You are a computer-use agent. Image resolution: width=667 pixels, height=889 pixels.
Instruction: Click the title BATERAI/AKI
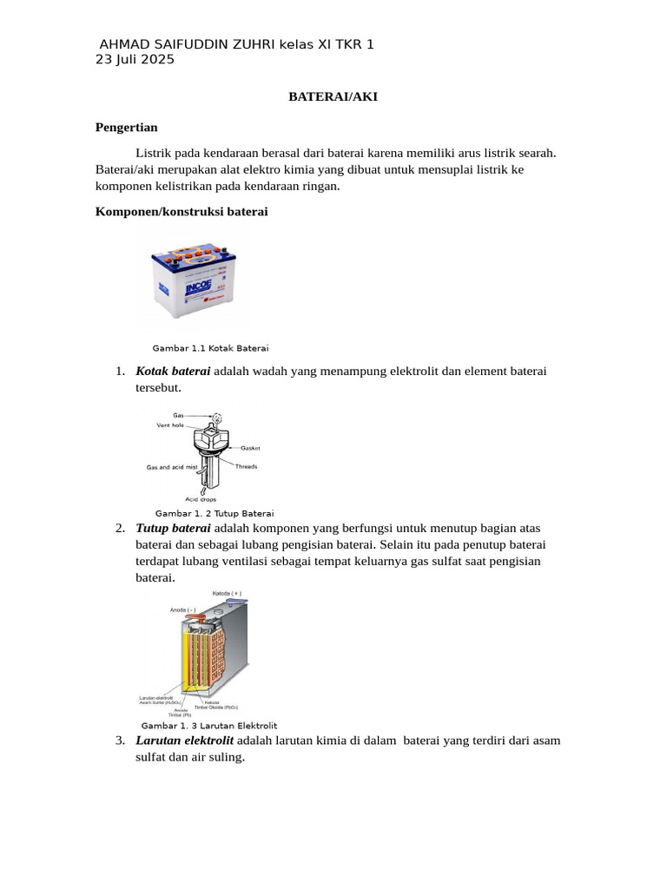[333, 97]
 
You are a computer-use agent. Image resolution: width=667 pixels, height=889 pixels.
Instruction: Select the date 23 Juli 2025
[135, 60]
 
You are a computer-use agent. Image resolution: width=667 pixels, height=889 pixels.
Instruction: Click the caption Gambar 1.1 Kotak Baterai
[211, 347]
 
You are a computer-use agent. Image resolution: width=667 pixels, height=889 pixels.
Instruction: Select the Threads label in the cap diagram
[247, 466]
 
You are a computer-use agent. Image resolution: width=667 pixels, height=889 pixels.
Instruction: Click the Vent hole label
[171, 425]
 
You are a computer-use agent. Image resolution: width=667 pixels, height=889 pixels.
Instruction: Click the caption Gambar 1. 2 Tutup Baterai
[215, 513]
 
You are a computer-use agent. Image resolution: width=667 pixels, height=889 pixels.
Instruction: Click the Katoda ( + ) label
[227, 594]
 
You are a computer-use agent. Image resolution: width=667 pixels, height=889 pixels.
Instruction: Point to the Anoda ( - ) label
[183, 610]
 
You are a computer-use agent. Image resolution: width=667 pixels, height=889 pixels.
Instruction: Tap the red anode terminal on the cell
[197, 617]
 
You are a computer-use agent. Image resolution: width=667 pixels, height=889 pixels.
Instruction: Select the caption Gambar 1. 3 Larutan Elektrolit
[209, 725]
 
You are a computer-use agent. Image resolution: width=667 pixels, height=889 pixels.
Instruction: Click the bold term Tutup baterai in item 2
[173, 528]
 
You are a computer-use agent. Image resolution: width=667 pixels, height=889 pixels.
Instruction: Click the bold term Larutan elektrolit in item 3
[184, 741]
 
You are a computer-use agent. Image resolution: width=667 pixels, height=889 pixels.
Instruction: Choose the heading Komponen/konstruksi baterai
[181, 212]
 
